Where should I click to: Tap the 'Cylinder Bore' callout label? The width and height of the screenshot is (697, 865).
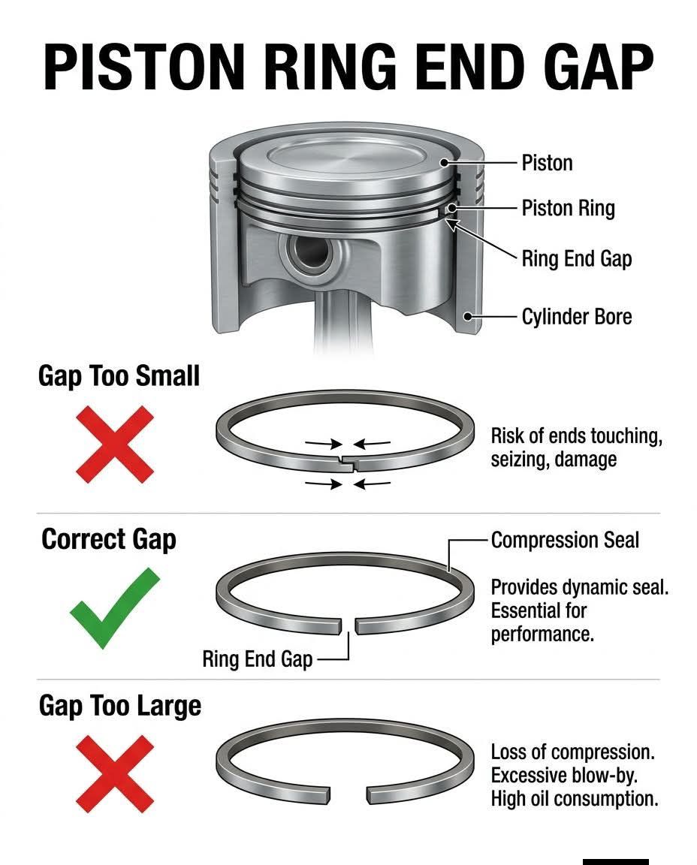577,317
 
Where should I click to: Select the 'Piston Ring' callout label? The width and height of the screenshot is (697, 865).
568,209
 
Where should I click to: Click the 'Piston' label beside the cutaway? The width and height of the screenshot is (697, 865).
547,163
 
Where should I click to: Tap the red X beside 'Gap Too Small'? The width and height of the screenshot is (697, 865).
115,445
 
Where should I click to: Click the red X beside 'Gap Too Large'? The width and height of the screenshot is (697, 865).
115,773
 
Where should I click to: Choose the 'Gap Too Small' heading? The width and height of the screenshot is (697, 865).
119,376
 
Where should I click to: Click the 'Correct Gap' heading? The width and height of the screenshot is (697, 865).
109,539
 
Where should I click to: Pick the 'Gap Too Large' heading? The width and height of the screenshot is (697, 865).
120,706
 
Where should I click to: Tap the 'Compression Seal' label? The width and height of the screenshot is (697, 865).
565,540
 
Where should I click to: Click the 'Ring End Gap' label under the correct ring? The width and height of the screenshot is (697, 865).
257,659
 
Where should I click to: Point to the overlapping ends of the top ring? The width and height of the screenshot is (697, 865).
348,463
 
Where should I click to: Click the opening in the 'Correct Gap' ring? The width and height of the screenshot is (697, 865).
348,625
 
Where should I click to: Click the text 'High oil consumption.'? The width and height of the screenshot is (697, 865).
575,798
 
